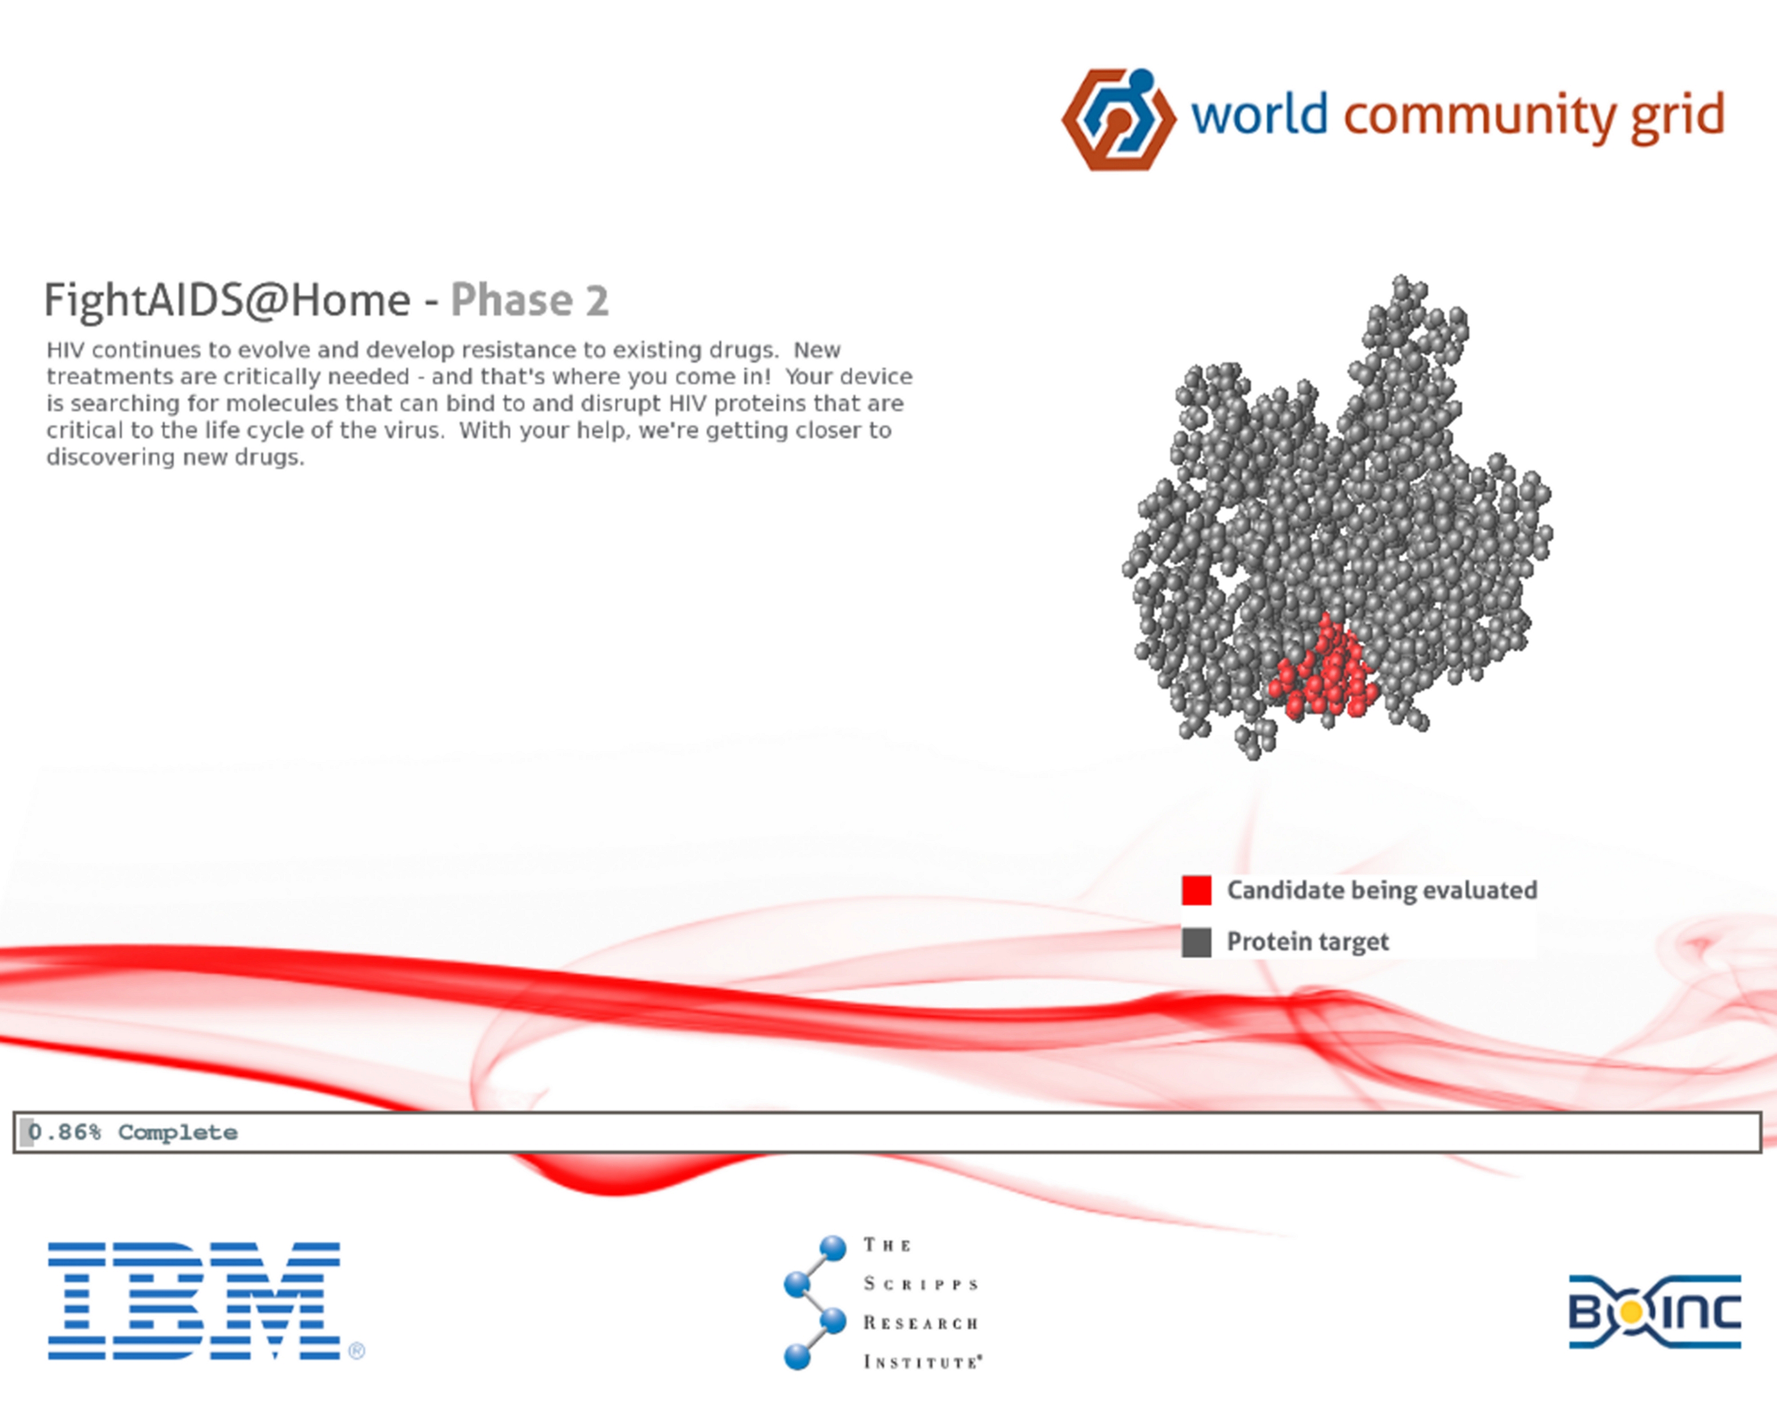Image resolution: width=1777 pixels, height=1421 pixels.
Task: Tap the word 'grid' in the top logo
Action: [x=1677, y=115]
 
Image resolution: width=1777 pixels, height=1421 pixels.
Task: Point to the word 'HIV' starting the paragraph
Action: [x=66, y=350]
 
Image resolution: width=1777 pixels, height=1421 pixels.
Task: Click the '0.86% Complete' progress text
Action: [x=133, y=1133]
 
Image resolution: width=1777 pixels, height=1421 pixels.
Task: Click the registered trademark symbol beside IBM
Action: [x=357, y=1351]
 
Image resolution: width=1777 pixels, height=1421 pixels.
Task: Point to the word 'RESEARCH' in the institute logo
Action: [x=920, y=1323]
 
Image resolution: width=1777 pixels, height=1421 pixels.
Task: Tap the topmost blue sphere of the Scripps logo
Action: [x=833, y=1247]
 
